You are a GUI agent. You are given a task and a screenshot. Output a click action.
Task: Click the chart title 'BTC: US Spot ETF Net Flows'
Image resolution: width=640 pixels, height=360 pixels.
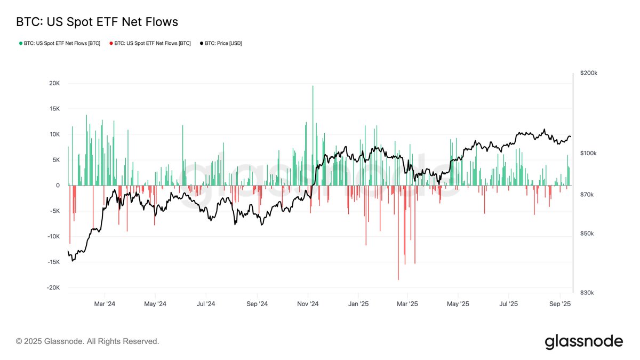tap(97, 22)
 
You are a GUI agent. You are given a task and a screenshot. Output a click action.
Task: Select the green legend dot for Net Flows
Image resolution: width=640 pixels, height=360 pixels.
tap(20, 43)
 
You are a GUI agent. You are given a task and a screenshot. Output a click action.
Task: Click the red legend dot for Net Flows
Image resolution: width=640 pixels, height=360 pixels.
tap(111, 43)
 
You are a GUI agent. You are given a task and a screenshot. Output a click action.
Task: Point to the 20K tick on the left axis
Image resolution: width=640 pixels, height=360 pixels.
tap(54, 83)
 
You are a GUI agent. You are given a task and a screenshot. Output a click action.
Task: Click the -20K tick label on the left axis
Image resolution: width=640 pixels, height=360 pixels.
tap(53, 288)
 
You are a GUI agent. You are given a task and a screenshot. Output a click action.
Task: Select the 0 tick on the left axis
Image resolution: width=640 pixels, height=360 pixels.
tap(58, 186)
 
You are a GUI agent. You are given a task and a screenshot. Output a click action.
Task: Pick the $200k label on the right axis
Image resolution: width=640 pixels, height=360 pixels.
tap(589, 73)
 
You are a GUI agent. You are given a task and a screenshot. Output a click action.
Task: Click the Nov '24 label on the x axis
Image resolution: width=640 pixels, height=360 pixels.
tap(308, 304)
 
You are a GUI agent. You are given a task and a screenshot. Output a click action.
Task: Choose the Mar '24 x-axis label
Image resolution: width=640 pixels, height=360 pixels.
tap(104, 304)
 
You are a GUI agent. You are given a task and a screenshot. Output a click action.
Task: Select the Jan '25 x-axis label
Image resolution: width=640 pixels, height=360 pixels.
tap(358, 304)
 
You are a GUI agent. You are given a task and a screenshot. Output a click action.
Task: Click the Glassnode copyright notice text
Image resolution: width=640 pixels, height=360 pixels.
tap(87, 341)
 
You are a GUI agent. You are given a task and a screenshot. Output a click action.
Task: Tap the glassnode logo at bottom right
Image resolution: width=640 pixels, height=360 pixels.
tap(583, 341)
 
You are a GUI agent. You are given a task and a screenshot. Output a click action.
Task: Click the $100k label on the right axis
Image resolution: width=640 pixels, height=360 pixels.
tap(589, 154)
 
